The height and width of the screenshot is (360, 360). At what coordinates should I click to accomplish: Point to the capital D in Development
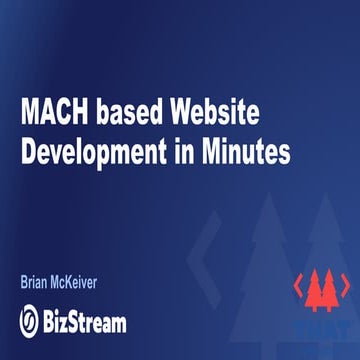pos(29,154)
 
